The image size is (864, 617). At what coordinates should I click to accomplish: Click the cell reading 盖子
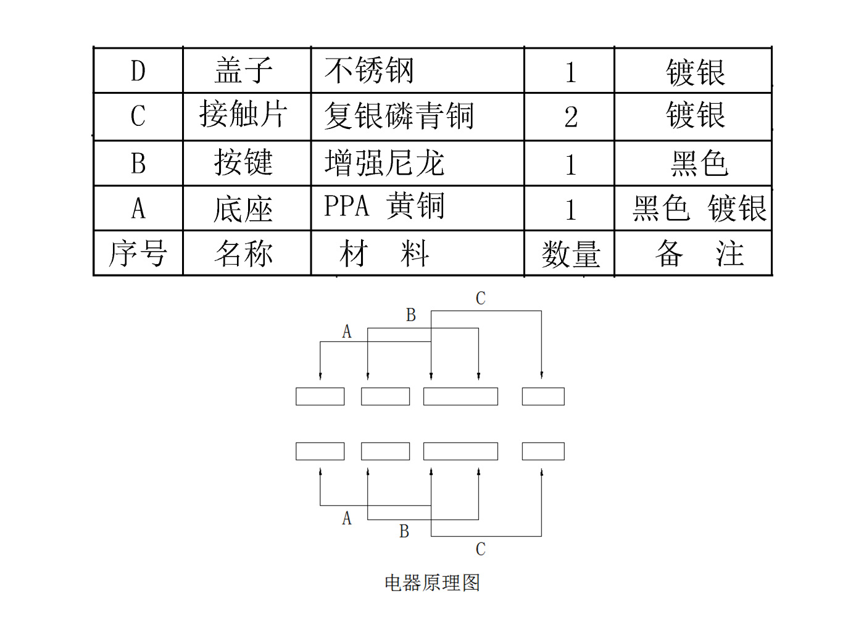pyautogui.click(x=244, y=70)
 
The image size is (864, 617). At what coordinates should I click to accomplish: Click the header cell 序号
pyautogui.click(x=138, y=254)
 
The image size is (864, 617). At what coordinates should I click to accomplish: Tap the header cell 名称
pyautogui.click(x=244, y=254)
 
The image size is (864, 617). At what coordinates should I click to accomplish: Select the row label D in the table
pyautogui.click(x=138, y=71)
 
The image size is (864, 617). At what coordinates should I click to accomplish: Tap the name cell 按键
pyautogui.click(x=244, y=162)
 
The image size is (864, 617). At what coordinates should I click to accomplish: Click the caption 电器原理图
pyautogui.click(x=432, y=582)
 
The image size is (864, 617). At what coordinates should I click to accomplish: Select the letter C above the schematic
pyautogui.click(x=481, y=299)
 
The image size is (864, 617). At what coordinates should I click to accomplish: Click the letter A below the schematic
pyautogui.click(x=347, y=518)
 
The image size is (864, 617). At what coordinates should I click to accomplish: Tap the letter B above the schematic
pyautogui.click(x=411, y=315)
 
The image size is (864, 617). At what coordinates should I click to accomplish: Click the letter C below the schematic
pyautogui.click(x=481, y=549)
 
